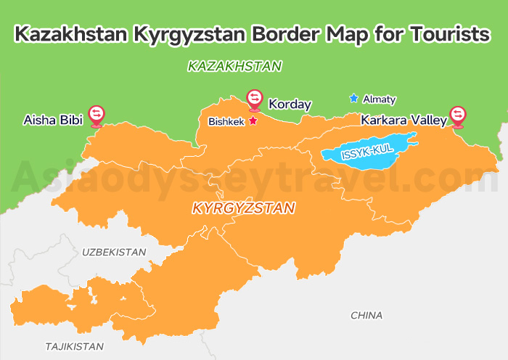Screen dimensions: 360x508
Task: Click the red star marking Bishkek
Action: (x=253, y=121)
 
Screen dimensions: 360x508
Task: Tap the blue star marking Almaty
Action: (x=353, y=98)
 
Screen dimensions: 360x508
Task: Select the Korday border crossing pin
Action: (x=254, y=98)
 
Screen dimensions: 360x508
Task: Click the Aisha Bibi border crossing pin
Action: (x=96, y=115)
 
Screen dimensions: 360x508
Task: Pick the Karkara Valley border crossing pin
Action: (x=457, y=115)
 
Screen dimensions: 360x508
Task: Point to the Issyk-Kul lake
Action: (x=366, y=151)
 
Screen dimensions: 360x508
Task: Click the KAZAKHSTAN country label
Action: (x=234, y=66)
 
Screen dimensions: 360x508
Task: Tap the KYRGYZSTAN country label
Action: (x=243, y=208)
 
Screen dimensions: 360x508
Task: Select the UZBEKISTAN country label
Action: (x=114, y=252)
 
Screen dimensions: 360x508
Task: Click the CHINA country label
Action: (x=366, y=315)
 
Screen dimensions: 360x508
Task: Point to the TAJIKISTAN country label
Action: (x=74, y=346)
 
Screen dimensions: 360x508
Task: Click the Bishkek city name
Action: (x=226, y=122)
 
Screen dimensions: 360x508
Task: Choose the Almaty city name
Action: (x=380, y=99)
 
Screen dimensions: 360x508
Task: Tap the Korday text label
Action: (x=290, y=105)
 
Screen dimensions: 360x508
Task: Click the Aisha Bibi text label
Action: (x=53, y=118)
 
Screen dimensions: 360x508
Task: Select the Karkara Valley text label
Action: (x=403, y=120)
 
